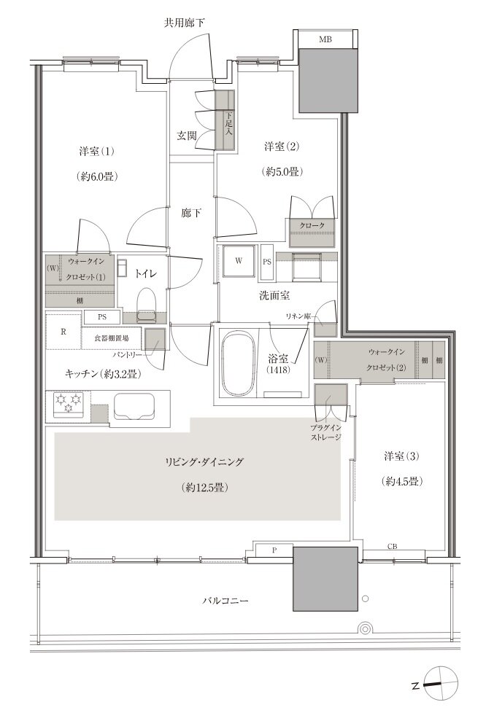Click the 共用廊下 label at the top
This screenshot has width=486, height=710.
[185, 23]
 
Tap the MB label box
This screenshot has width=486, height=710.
[325, 39]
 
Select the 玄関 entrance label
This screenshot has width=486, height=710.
[186, 136]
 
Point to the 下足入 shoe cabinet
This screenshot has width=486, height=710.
[225, 120]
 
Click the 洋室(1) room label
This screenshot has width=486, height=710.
[96, 151]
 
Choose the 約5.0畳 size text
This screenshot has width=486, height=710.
[282, 171]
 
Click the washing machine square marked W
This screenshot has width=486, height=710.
[239, 260]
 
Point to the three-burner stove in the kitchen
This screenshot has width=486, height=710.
[69, 402]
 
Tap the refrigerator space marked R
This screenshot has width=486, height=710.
[63, 331]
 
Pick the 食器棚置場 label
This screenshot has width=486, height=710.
[111, 338]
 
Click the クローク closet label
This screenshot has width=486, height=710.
[312, 225]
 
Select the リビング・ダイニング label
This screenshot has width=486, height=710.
[204, 462]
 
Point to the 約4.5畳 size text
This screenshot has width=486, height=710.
[401, 481]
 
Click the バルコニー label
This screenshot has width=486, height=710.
[225, 601]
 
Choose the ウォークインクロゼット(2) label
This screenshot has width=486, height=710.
[387, 359]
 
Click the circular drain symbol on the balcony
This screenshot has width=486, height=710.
[364, 628]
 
